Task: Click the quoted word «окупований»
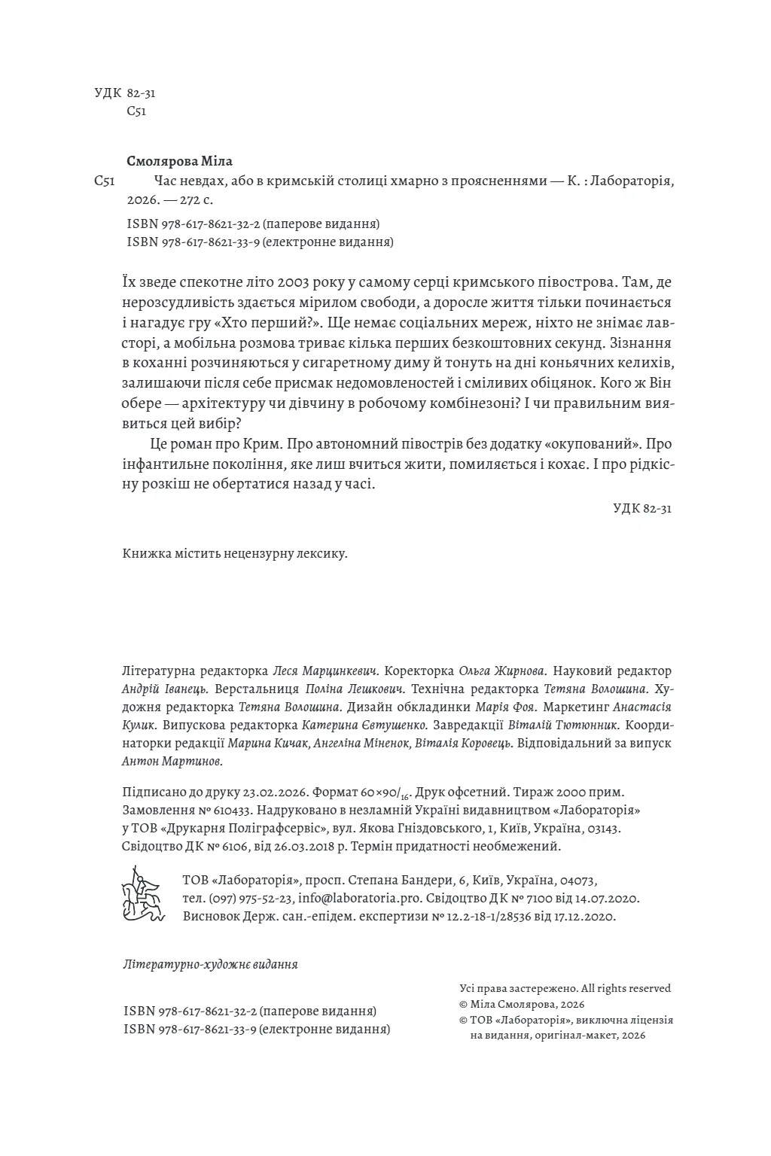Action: (x=594, y=443)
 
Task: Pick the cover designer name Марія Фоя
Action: (x=505, y=707)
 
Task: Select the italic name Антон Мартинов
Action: (x=172, y=762)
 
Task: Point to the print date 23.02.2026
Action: (x=274, y=793)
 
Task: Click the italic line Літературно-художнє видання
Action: (x=209, y=964)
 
